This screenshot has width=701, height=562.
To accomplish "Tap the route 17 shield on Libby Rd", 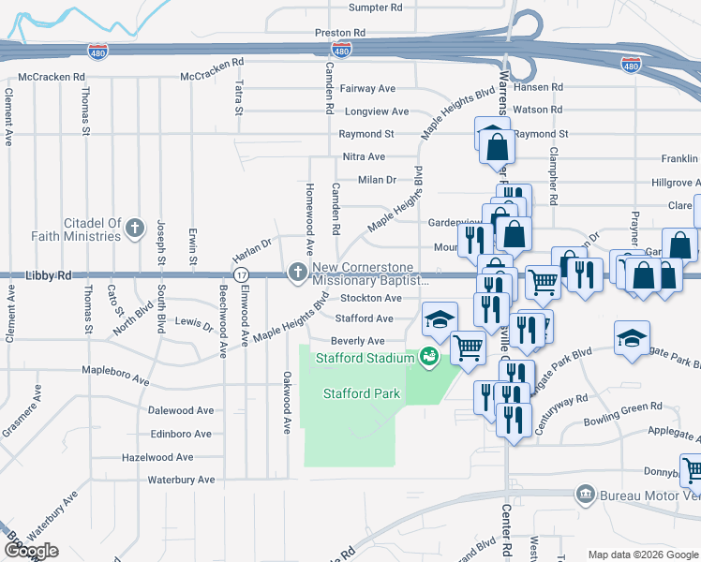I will tap(241, 274).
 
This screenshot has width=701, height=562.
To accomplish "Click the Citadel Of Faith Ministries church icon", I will tap(136, 227).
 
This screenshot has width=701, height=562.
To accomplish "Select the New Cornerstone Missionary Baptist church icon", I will tap(298, 274).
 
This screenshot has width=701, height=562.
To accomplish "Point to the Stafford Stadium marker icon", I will tap(428, 357).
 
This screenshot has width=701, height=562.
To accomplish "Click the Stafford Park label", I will tap(362, 393).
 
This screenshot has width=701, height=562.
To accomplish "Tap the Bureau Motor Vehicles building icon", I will tap(585, 493).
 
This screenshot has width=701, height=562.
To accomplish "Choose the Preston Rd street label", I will tap(338, 32).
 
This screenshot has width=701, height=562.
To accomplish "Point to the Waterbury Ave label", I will tap(181, 480).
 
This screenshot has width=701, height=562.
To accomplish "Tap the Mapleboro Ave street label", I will tap(115, 381).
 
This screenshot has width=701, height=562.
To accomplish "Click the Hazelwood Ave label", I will tap(157, 457).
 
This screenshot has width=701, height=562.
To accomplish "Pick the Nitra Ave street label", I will tap(364, 156).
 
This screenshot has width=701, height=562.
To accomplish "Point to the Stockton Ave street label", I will tap(370, 298).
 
